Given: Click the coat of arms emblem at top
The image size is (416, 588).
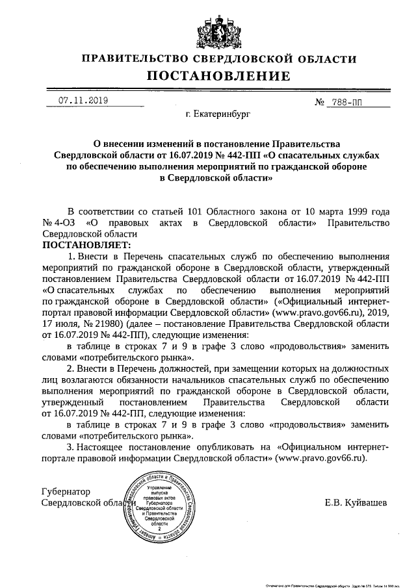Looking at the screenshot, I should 208,28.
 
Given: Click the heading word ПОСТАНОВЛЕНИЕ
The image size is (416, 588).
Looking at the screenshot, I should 208,77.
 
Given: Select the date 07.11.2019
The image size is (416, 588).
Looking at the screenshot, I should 83,100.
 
